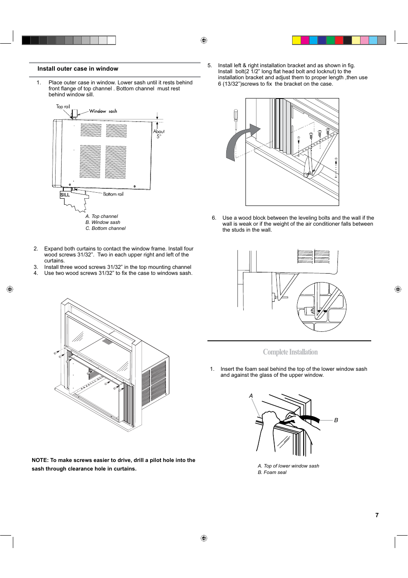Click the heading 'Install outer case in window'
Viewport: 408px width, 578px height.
pyautogui.click(x=78, y=69)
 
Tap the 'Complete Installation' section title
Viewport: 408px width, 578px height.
pyautogui.click(x=290, y=352)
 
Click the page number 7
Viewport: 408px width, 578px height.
pyautogui.click(x=377, y=515)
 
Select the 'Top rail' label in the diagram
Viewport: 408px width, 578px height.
pyautogui.click(x=63, y=107)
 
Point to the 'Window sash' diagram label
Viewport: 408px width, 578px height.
pyautogui.click(x=103, y=111)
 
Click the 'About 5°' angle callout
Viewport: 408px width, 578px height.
pyautogui.click(x=159, y=134)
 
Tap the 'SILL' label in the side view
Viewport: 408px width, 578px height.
pyautogui.click(x=65, y=195)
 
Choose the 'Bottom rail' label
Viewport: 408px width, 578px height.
pyautogui.click(x=113, y=194)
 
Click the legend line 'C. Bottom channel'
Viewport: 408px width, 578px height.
pyautogui.click(x=106, y=228)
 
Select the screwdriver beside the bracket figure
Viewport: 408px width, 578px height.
pyautogui.click(x=235, y=119)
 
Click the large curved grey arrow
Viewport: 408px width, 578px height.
pyautogui.click(x=239, y=141)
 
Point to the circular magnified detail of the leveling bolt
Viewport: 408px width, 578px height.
pyautogui.click(x=321, y=307)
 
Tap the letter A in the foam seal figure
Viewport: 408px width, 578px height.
pyautogui.click(x=251, y=396)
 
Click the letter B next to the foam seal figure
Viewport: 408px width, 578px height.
pyautogui.click(x=336, y=420)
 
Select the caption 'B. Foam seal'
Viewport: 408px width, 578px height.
pyautogui.click(x=272, y=472)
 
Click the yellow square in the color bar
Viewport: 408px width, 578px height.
pyautogui.click(x=296, y=40)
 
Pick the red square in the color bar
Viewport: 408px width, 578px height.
pyautogui.click(x=339, y=40)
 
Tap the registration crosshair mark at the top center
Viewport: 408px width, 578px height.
pyautogui.click(x=204, y=40)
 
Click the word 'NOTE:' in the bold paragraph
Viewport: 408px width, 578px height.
pyautogui.click(x=40, y=460)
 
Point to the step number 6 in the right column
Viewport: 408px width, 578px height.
pyautogui.click(x=214, y=218)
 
